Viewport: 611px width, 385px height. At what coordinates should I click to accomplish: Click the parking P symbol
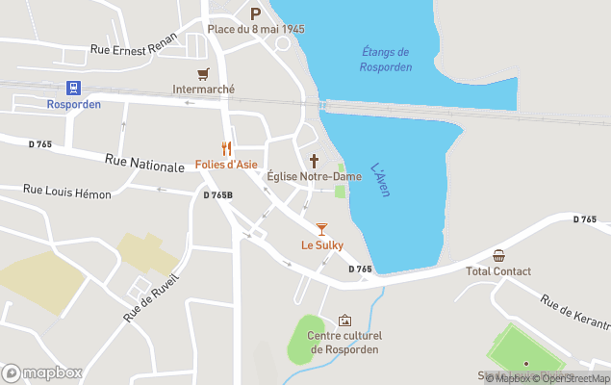pyautogui.click(x=256, y=13)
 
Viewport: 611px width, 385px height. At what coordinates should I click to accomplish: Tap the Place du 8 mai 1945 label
pyautogui.click(x=256, y=29)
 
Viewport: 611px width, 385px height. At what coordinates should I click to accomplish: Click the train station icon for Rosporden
pyautogui.click(x=74, y=88)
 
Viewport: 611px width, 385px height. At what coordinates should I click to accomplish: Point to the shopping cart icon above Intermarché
pyautogui.click(x=203, y=74)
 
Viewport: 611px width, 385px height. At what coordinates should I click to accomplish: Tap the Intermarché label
pyautogui.click(x=203, y=90)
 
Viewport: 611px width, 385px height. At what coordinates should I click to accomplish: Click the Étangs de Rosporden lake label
pyautogui.click(x=387, y=60)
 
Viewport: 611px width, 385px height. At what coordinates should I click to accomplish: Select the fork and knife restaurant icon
pyautogui.click(x=227, y=148)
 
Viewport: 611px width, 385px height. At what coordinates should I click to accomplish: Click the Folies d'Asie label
pyautogui.click(x=226, y=165)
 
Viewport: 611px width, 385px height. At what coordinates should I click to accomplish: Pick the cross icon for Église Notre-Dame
pyautogui.click(x=314, y=160)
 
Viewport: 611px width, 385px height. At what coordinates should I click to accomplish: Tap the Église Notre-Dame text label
pyautogui.click(x=314, y=176)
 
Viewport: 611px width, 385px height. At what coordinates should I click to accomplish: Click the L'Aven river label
pyautogui.click(x=379, y=179)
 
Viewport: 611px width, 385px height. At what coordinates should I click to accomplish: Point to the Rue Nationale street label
pyautogui.click(x=144, y=165)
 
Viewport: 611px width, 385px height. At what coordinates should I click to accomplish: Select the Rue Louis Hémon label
pyautogui.click(x=67, y=193)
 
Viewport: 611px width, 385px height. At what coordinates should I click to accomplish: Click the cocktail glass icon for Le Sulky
pyautogui.click(x=321, y=229)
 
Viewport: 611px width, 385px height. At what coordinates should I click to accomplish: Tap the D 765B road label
pyautogui.click(x=217, y=195)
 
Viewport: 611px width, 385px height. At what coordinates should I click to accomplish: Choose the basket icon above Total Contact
pyautogui.click(x=498, y=255)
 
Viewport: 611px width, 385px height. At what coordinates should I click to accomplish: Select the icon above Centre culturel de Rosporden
pyautogui.click(x=344, y=321)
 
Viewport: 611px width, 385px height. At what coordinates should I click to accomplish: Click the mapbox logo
pyautogui.click(x=42, y=372)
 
